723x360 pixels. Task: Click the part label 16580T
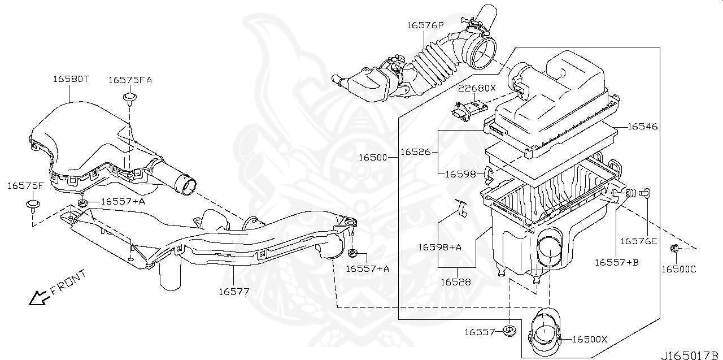tap(71, 79)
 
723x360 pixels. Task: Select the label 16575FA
tap(130, 80)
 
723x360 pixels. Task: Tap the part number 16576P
tap(425, 25)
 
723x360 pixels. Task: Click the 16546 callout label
tap(642, 127)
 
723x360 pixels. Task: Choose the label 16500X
tap(589, 339)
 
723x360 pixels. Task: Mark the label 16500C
tap(678, 268)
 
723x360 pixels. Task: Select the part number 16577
tap(234, 291)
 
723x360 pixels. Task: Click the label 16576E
tap(638, 241)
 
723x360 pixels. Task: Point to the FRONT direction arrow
tap(38, 297)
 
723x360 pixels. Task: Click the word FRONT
tap(68, 282)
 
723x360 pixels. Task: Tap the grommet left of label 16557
tap(510, 331)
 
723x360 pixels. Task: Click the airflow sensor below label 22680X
tap(468, 108)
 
